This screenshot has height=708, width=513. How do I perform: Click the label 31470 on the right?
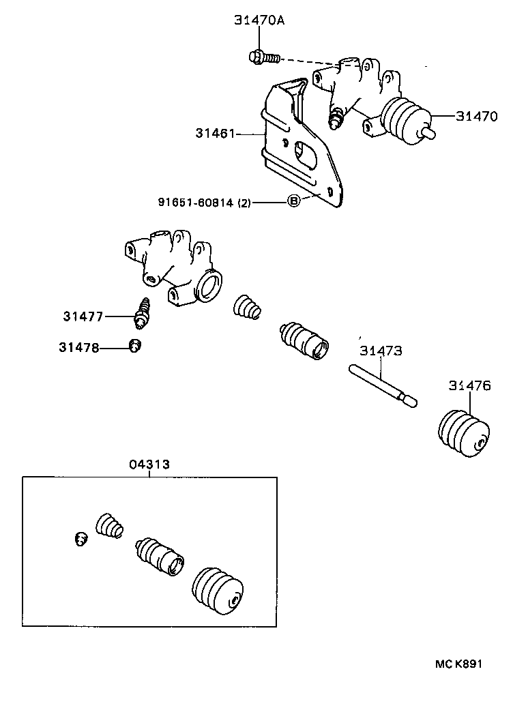(477, 117)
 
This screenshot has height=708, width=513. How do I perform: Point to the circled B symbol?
(293, 201)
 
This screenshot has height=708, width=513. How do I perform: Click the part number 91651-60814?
(196, 202)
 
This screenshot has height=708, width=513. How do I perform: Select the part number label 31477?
(83, 316)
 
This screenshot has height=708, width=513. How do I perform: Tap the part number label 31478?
(78, 348)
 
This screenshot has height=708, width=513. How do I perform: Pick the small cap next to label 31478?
(135, 346)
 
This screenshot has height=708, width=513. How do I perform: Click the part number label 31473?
(381, 351)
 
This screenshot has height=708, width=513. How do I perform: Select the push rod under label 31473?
(381, 387)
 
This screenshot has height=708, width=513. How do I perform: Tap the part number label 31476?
(469, 386)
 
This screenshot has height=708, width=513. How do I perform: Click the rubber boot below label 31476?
(462, 433)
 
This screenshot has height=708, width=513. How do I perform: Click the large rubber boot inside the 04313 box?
(218, 591)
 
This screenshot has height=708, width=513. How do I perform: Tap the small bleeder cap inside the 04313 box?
(78, 540)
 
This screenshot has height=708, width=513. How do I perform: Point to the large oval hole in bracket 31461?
(306, 155)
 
